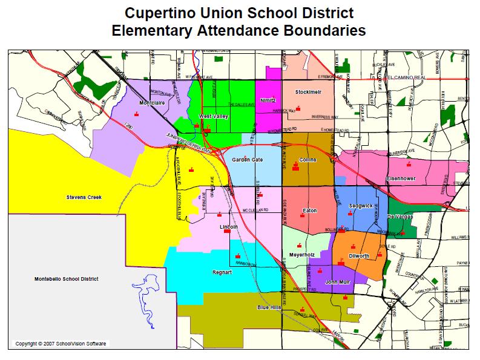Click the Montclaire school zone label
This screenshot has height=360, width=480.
[152, 103]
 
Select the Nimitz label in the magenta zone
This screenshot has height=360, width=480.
[268, 100]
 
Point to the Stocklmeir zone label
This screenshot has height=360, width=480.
[307, 92]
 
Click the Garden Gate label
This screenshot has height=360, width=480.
[248, 160]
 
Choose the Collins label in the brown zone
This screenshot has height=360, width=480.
[307, 160]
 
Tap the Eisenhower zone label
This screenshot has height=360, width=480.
[401, 179]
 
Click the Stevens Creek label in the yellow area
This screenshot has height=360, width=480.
[84, 197]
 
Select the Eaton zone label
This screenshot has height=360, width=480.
[309, 211]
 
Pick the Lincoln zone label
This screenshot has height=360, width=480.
[228, 227]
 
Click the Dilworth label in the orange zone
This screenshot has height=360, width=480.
[358, 256]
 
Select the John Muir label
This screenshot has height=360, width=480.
[338, 283]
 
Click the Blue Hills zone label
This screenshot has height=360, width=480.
[269, 307]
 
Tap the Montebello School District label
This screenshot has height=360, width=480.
[63, 279]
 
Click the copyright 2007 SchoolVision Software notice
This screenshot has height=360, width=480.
[61, 344]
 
